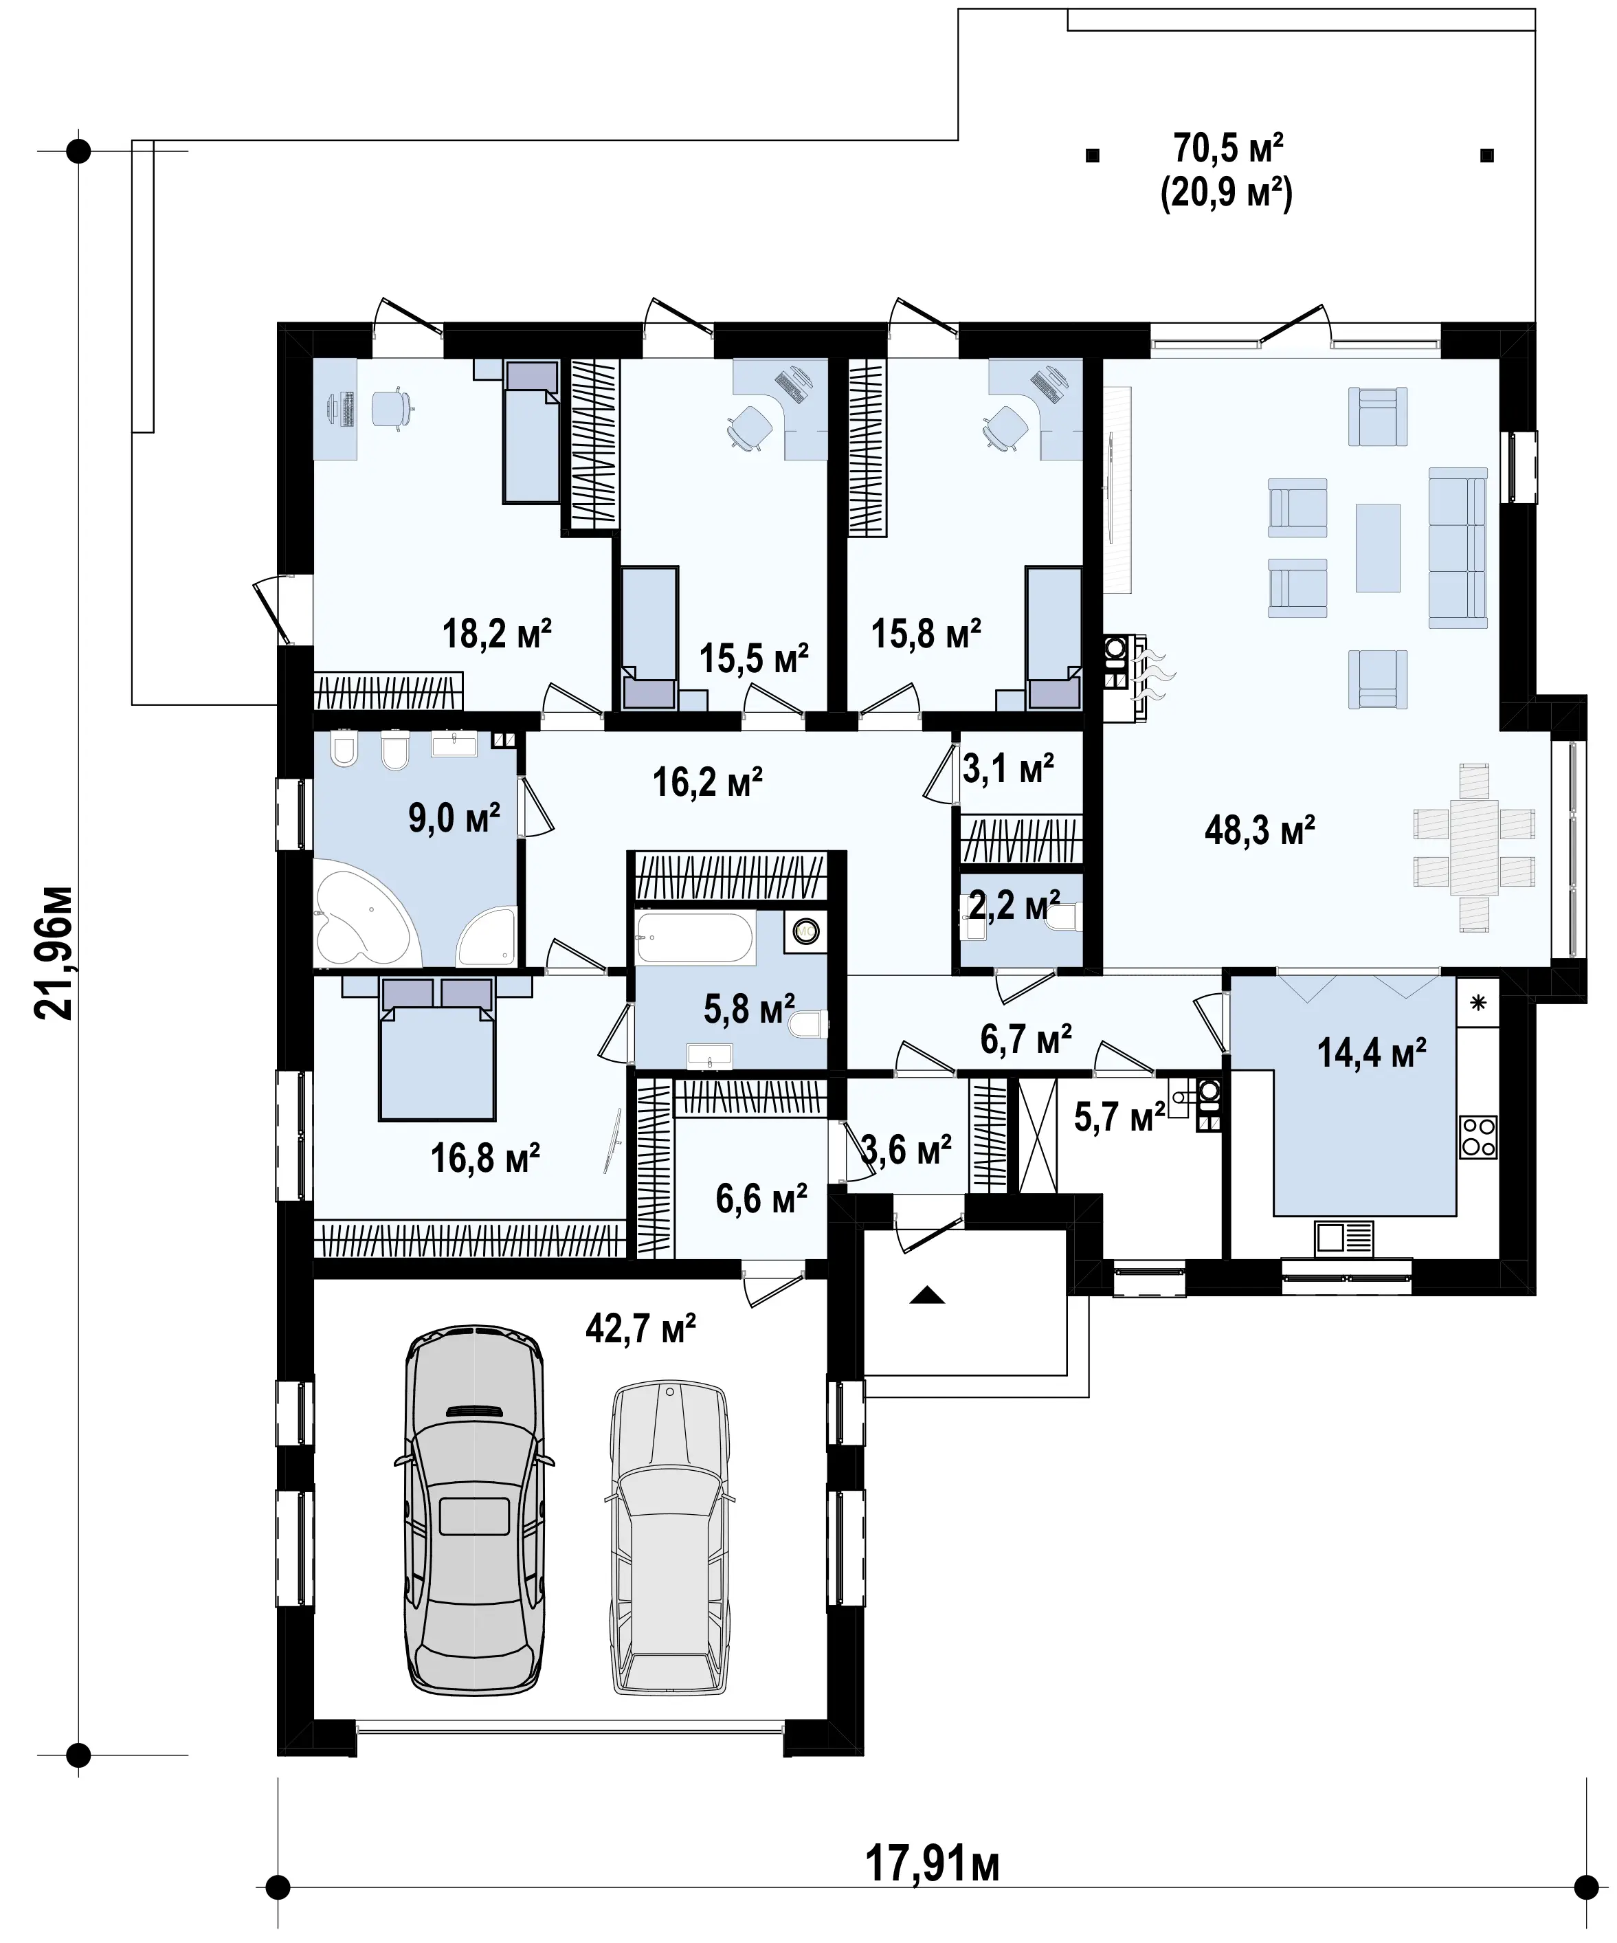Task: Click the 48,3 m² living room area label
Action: point(1259,830)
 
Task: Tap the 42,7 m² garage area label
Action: point(640,1329)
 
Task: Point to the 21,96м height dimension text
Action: point(54,953)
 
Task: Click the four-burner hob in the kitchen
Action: point(1478,1137)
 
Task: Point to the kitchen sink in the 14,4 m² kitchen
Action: point(1344,1237)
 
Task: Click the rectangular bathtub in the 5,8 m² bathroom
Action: point(695,936)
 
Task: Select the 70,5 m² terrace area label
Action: point(1229,148)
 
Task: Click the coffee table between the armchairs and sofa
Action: point(1377,547)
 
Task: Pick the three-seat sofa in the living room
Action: point(1458,548)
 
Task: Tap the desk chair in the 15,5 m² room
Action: point(748,428)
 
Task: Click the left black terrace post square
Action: point(1093,155)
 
